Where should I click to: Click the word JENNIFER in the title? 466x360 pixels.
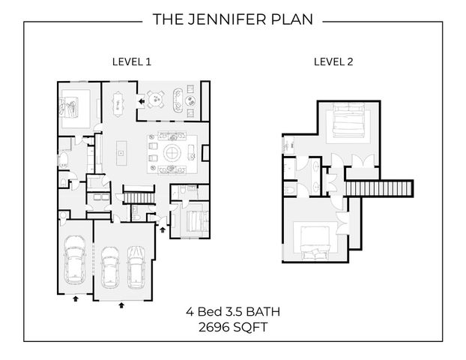(x=227, y=19)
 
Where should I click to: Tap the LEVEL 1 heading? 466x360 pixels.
(x=132, y=62)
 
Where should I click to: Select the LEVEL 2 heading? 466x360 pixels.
(x=333, y=62)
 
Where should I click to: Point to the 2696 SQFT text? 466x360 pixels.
(x=233, y=328)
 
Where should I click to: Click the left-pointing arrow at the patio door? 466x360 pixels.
(x=142, y=101)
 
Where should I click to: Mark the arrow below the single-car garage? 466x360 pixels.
(x=76, y=298)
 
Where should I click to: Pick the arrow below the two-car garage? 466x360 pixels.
(x=121, y=305)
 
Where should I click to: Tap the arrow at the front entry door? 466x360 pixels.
(x=163, y=229)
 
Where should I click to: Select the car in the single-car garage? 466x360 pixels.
(x=75, y=259)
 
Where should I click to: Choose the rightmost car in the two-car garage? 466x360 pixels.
(x=136, y=267)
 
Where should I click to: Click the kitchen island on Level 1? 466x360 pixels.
(x=121, y=153)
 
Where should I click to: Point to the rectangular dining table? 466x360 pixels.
(x=118, y=103)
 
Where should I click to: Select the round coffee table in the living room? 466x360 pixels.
(x=172, y=153)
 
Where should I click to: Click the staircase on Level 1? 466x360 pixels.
(x=139, y=198)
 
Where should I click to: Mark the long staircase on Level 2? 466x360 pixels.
(x=379, y=188)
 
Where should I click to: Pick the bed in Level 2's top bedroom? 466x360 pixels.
(x=348, y=121)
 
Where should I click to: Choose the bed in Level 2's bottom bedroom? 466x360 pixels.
(x=315, y=242)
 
